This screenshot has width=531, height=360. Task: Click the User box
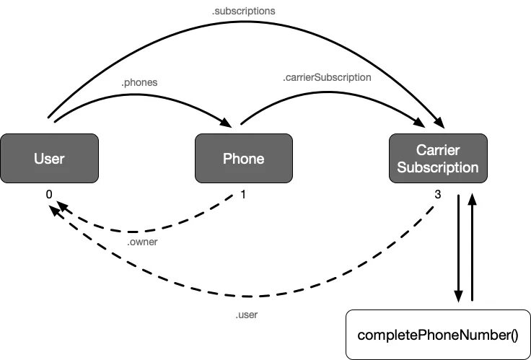[x=48, y=159]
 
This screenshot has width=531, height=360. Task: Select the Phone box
[x=243, y=159]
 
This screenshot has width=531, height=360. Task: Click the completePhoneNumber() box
[x=438, y=335]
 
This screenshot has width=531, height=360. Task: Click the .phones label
[x=139, y=82]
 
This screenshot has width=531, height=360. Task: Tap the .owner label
[x=142, y=242]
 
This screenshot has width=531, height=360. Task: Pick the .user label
[x=247, y=315]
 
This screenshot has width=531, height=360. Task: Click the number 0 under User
[x=48, y=194]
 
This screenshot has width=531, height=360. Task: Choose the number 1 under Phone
[x=243, y=194]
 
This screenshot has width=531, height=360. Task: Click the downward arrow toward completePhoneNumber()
[x=458, y=245]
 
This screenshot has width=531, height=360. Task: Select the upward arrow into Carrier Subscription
[x=473, y=245]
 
